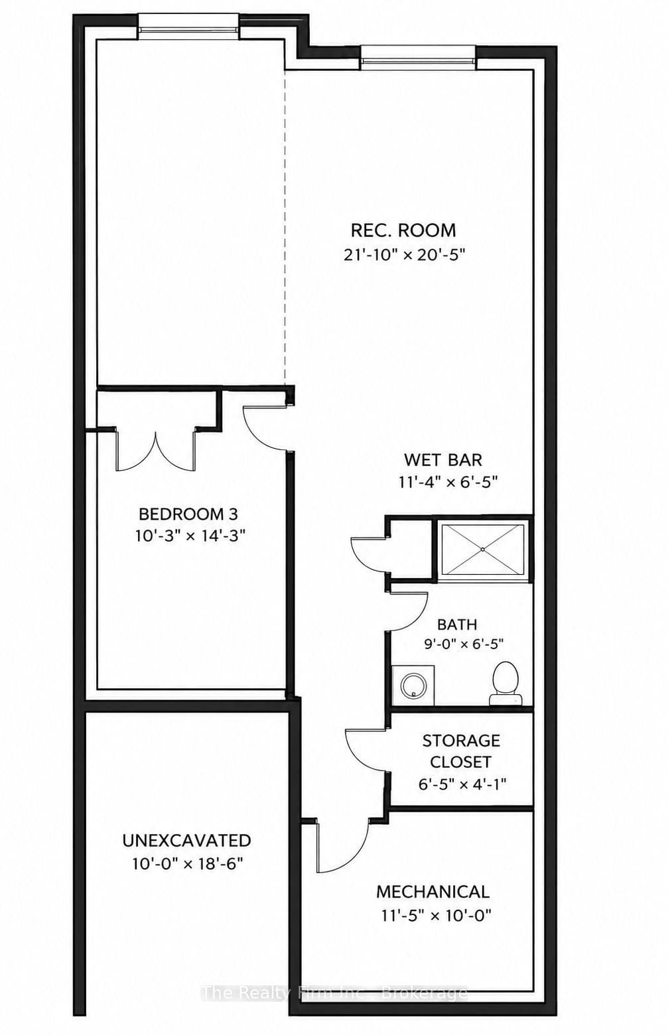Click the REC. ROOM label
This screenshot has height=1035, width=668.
click(x=403, y=230)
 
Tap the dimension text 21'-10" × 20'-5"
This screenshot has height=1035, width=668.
click(x=403, y=255)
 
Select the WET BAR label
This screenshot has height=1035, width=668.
click(x=443, y=459)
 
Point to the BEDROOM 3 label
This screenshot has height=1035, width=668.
click(x=188, y=514)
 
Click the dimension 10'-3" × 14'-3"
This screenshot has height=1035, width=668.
click(x=190, y=536)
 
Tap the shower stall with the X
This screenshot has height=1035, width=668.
click(x=482, y=550)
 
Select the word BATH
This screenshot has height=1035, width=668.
click(x=457, y=625)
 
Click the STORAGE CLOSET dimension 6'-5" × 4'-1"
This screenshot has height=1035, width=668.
click(x=462, y=784)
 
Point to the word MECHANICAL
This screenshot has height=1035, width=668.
click(x=433, y=891)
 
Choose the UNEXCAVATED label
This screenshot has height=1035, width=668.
click(x=187, y=840)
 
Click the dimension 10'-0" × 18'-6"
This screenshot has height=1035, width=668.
click(x=188, y=863)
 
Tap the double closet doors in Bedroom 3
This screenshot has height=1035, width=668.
click(x=155, y=450)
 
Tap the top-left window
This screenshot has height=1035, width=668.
click(x=188, y=27)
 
